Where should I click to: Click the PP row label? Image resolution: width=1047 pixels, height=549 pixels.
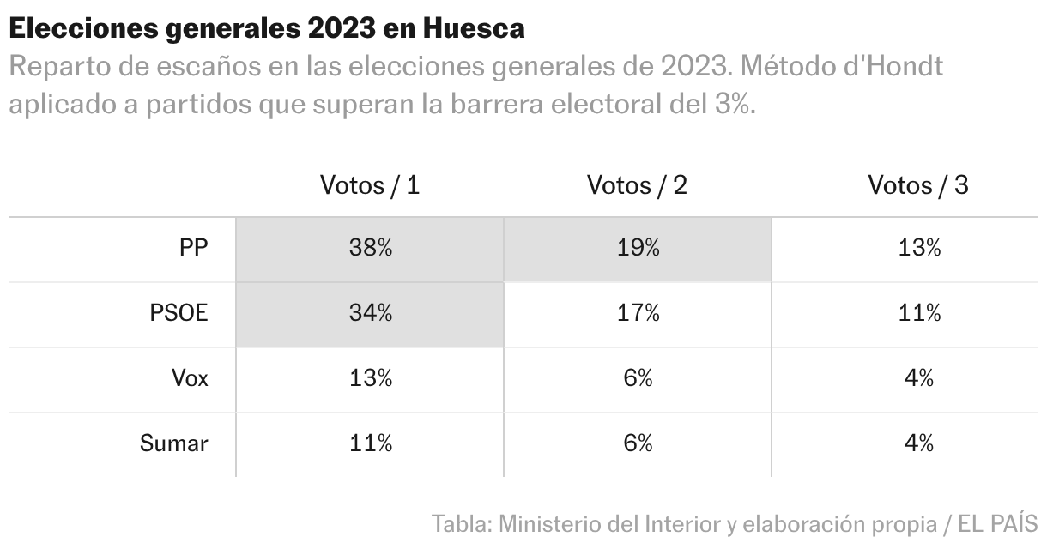(x=193, y=249)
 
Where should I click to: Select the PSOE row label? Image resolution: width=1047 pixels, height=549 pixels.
(x=179, y=313)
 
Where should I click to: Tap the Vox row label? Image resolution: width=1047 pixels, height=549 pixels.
(x=189, y=378)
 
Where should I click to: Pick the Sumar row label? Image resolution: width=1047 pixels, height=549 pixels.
(x=173, y=443)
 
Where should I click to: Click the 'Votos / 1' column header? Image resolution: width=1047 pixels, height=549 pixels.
(x=370, y=184)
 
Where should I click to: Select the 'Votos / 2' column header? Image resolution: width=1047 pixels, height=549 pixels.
(x=637, y=184)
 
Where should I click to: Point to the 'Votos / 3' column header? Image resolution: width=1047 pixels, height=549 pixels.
(x=918, y=184)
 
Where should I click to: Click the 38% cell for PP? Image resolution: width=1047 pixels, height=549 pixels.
(x=370, y=249)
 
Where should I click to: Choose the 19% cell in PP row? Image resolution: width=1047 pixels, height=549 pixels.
(x=637, y=249)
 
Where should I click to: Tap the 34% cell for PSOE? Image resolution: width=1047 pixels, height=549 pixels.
(x=370, y=313)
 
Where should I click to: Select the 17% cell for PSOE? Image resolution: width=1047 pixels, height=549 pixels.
(x=637, y=313)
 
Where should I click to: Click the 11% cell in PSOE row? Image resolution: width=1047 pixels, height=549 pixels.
(x=918, y=313)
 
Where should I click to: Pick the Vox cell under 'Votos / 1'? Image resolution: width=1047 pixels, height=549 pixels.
(x=370, y=378)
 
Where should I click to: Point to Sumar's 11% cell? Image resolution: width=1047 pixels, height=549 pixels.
(x=370, y=443)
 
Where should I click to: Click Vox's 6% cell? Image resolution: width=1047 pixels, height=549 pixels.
(x=637, y=378)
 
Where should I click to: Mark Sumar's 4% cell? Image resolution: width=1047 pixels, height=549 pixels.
(x=918, y=443)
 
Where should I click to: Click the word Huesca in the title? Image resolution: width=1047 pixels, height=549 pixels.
(x=474, y=29)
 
